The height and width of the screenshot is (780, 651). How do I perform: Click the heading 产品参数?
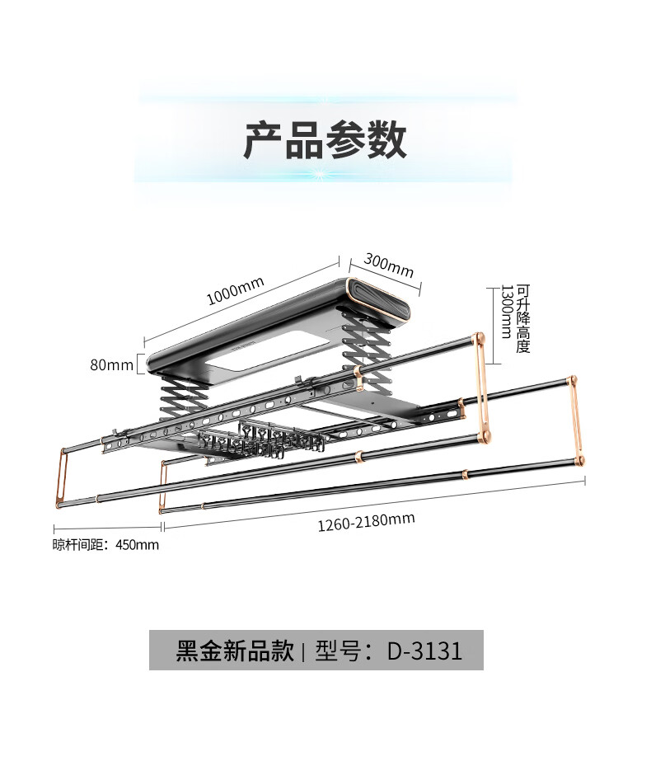click(325, 140)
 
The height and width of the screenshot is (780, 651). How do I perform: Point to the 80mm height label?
click(112, 364)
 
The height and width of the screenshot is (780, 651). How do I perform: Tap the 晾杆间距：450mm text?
click(106, 544)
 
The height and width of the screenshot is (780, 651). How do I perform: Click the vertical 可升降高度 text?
click(523, 318)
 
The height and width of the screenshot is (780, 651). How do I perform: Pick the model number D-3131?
click(424, 651)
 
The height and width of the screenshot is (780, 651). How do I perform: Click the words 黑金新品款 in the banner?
click(235, 651)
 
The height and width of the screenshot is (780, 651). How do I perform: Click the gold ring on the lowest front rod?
click(466, 474)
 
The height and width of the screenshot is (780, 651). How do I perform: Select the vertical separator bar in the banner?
click(304, 651)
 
